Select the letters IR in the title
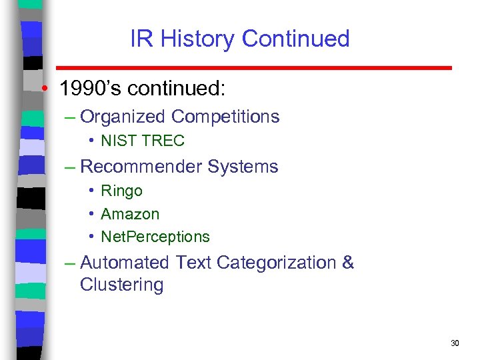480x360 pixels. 141,39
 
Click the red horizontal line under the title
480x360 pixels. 253,68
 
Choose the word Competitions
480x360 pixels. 225,117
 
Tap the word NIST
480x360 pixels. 117,141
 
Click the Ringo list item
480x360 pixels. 121,191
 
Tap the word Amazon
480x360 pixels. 130,214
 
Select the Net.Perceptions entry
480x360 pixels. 155,237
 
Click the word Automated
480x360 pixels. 125,263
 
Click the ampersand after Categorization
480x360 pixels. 347,263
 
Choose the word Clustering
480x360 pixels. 121,285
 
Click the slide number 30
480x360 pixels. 455,343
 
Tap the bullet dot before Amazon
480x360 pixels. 91,214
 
